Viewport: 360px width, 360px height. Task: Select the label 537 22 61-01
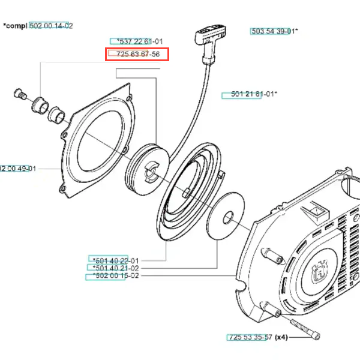(x=136, y=41)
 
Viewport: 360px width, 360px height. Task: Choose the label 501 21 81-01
(x=249, y=94)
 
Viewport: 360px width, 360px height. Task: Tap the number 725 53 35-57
(x=250, y=337)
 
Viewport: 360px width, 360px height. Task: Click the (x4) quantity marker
(x=281, y=337)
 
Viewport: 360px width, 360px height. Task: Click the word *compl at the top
(x=14, y=26)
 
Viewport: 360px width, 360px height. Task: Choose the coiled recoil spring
(x=187, y=193)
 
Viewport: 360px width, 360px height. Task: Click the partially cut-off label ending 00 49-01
(x=18, y=169)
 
